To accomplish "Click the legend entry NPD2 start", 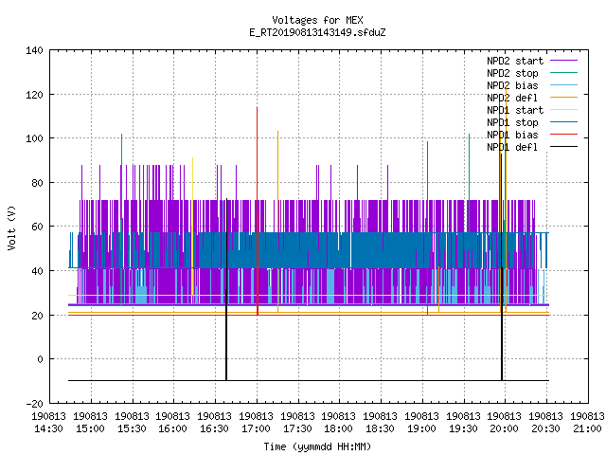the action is pos(515,61).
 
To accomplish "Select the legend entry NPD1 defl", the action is pos(512,147).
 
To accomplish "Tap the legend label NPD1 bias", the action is pos(512,135).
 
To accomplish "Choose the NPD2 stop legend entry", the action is pos(512,73).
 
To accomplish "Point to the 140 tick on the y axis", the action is pos(34,50).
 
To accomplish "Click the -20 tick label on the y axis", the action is pos(34,404).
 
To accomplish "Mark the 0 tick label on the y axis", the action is pos(40,359).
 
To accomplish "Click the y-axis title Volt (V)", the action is pos(11,227).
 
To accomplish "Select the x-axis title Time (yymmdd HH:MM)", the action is pos(317,446).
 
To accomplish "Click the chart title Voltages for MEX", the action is pos(317,20).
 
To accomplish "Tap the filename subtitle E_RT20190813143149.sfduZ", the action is pos(317,32).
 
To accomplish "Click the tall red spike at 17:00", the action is pos(257,210).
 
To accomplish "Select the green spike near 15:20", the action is pos(121,220).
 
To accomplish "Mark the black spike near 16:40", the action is pos(226,289).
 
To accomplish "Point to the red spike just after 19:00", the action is pos(427,228).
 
